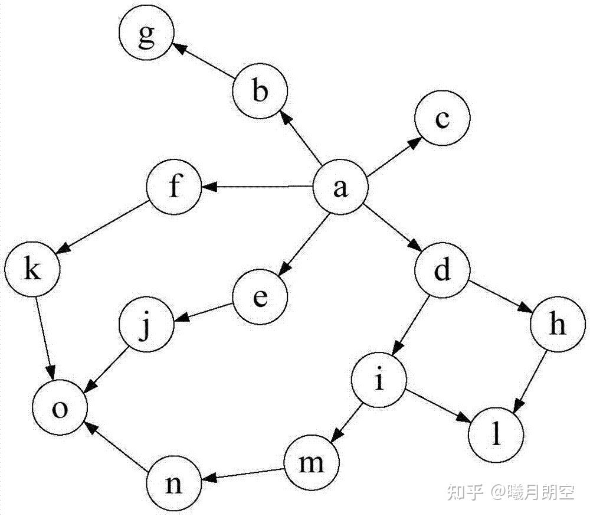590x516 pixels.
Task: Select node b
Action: (260, 92)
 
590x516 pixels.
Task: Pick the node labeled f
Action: (174, 188)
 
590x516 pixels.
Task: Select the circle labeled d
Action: (442, 272)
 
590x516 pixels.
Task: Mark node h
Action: (556, 326)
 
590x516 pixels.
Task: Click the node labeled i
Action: (379, 381)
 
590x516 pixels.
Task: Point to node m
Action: (312, 463)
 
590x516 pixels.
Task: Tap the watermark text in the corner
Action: (510, 491)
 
